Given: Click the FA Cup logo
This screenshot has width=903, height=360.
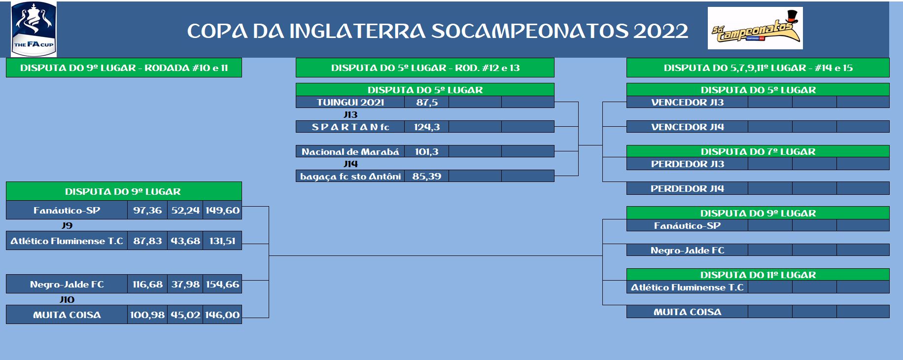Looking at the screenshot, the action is click(34, 29).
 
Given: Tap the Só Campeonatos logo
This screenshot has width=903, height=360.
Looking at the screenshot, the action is click(755, 28).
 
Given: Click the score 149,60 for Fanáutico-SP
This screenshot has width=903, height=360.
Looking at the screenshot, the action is click(222, 210).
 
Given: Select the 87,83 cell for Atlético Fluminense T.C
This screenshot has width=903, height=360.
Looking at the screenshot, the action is click(147, 241).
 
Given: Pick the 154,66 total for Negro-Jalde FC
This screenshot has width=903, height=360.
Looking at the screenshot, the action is click(222, 284).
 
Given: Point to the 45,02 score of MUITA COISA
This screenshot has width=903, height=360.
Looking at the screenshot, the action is click(185, 315).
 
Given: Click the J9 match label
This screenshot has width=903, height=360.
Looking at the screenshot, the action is click(67, 225).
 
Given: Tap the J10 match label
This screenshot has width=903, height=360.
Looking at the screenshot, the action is click(67, 299).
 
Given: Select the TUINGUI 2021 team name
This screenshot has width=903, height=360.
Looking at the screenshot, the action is click(350, 102).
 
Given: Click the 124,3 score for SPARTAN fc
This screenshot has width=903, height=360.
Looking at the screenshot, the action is click(427, 127).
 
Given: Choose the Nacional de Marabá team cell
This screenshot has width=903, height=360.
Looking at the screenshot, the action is click(350, 151).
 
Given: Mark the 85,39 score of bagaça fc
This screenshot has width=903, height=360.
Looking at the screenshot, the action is click(427, 176).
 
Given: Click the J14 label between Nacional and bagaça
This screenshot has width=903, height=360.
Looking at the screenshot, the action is click(350, 164).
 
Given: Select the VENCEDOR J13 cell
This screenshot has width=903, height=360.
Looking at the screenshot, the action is click(688, 102).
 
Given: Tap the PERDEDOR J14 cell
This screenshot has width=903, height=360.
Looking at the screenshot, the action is click(688, 188).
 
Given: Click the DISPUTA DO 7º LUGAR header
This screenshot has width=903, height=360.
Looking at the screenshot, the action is click(758, 151).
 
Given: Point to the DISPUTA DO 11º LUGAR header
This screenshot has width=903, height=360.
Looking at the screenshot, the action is click(758, 275).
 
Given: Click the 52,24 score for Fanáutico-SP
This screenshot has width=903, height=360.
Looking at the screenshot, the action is click(185, 210).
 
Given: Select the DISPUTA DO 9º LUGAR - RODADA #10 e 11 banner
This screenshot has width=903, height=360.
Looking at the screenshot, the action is click(124, 68).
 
